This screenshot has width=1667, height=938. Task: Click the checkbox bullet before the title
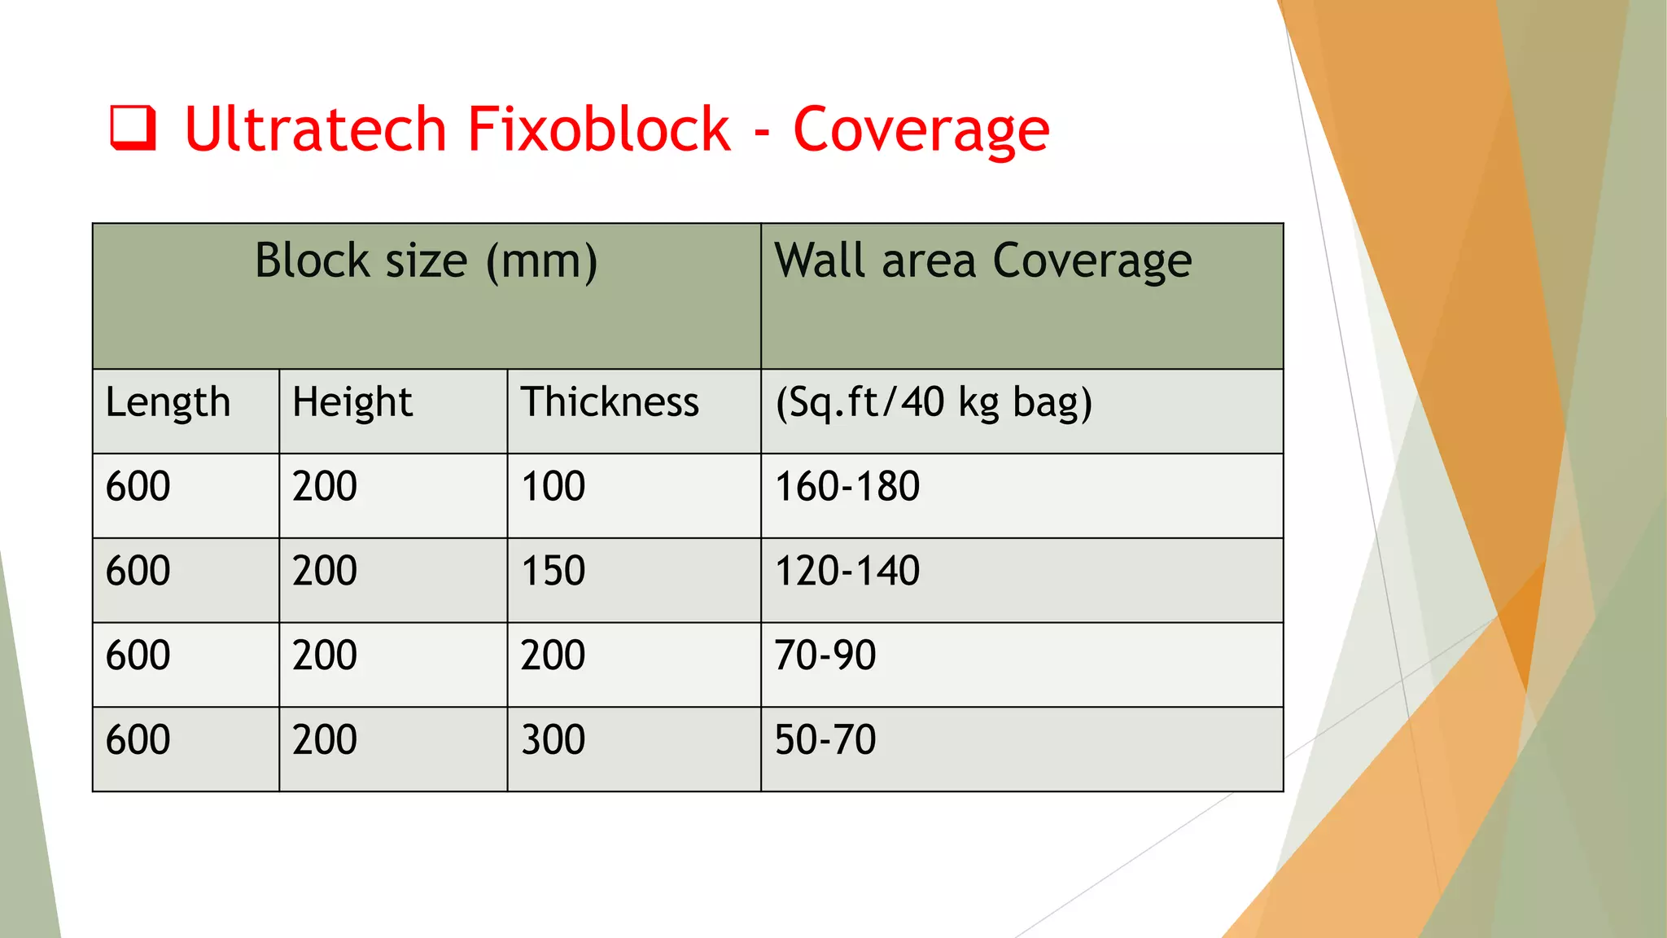pyautogui.click(x=133, y=129)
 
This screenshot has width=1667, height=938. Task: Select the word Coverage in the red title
pyautogui.click(x=921, y=130)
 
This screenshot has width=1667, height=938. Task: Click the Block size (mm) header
pyautogui.click(x=426, y=261)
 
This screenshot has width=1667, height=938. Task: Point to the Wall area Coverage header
pyautogui.click(x=982, y=261)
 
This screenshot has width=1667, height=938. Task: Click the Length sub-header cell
pyautogui.click(x=168, y=402)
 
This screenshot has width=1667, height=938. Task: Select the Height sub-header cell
pyautogui.click(x=352, y=402)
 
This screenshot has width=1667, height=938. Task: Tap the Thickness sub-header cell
pyautogui.click(x=610, y=402)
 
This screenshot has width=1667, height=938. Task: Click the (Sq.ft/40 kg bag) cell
pyautogui.click(x=933, y=402)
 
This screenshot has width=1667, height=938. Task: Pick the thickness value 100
pyautogui.click(x=553, y=487)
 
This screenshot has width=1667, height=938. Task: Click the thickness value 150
pyautogui.click(x=553, y=571)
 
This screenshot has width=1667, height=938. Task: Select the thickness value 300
pyautogui.click(x=553, y=740)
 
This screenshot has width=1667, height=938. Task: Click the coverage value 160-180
pyautogui.click(x=847, y=487)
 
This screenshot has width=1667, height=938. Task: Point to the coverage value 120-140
pyautogui.click(x=847, y=571)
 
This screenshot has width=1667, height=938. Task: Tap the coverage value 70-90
pyautogui.click(x=825, y=655)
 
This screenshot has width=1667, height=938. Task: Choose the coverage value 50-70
pyautogui.click(x=825, y=740)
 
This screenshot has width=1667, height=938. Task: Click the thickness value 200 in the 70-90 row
pyautogui.click(x=553, y=655)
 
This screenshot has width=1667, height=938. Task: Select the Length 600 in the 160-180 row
pyautogui.click(x=138, y=487)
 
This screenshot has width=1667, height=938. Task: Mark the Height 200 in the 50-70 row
pyautogui.click(x=324, y=740)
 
